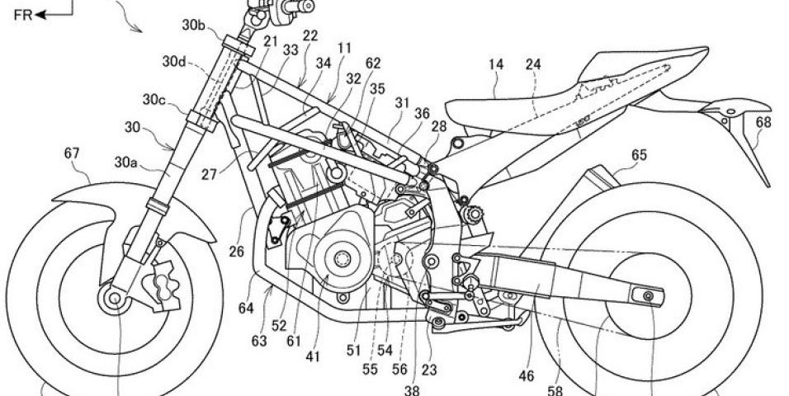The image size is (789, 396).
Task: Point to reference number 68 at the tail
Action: click(763, 123)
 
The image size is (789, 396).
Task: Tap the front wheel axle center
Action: click(109, 297)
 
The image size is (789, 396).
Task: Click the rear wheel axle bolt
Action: click(650, 295)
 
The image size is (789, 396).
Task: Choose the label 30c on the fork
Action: click(154, 101)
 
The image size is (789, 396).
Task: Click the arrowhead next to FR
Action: click(38, 14)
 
